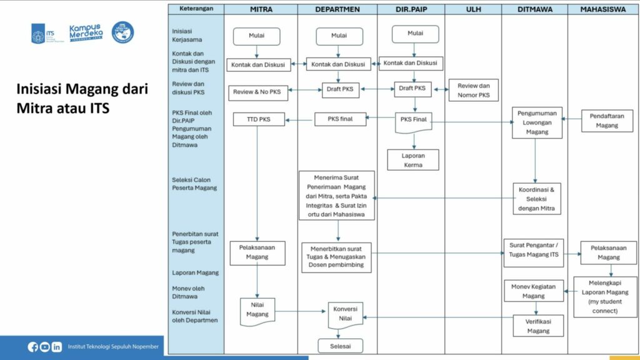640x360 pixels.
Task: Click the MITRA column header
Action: tap(260, 9)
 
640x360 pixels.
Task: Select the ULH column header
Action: tap(473, 9)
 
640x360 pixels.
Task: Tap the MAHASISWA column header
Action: tap(602, 9)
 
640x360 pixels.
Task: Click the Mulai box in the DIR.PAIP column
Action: tap(416, 34)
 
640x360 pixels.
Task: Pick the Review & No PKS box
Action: tap(257, 92)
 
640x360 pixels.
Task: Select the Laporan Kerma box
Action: tap(413, 160)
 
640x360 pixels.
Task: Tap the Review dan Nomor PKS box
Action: tap(474, 91)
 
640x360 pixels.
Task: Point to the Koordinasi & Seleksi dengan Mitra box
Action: tap(537, 198)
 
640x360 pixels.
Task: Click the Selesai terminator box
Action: tap(340, 346)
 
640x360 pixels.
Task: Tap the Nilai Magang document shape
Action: tap(257, 311)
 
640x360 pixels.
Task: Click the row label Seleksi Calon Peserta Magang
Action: tap(192, 184)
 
